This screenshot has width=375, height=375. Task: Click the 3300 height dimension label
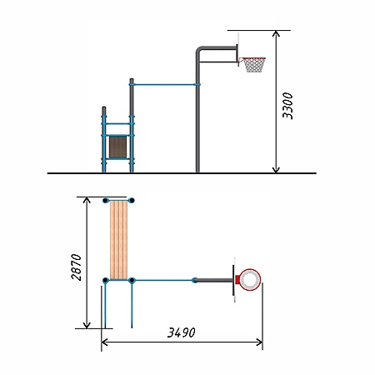287,106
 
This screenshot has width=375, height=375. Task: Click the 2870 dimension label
77,267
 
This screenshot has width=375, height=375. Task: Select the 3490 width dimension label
182,332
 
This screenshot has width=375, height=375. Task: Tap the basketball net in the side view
254,65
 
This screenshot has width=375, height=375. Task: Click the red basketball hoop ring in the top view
250,279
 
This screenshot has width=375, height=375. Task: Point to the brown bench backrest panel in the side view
117,147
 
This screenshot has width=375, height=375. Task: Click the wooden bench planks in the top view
119,240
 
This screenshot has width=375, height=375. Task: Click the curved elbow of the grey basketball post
200,50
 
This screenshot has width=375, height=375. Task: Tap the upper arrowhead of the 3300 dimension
276,34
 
